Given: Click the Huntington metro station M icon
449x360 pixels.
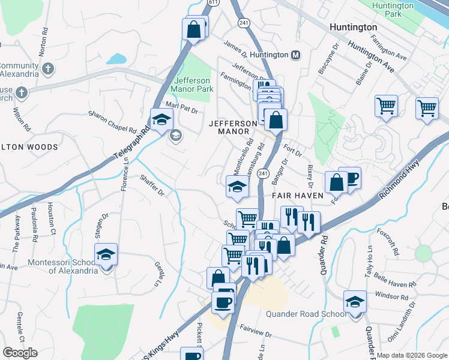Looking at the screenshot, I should pos(295,55).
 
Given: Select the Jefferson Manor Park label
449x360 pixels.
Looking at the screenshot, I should pos(193,85).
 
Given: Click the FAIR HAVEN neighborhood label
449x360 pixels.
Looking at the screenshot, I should pos(297,196).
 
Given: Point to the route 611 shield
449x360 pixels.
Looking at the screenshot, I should pos(212,2).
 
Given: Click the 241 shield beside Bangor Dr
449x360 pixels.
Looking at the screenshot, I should pos(262,173).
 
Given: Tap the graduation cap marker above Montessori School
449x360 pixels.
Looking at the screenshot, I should pos(106,254).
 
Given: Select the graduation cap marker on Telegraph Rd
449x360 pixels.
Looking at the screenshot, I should pos(161,120).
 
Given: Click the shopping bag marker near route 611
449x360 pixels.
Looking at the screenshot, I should pos(194,29).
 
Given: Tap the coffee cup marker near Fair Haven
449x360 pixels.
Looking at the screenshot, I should pos(350,178).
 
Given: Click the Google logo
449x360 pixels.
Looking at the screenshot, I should pos(20,353).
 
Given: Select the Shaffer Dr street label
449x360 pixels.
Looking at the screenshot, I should pos(152,184).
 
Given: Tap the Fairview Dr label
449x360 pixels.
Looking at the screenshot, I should pos(256,329).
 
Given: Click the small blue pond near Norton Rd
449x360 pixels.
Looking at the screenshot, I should pos(116,59).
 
